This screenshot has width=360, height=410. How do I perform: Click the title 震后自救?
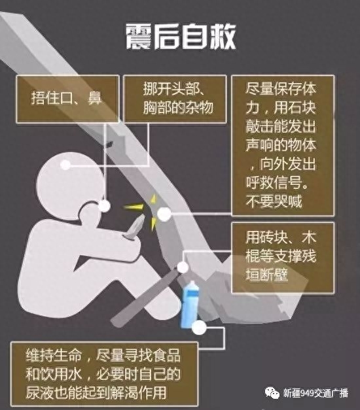(181, 37)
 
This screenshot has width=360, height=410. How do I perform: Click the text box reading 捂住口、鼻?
(67, 99)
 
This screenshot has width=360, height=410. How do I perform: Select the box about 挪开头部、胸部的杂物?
(175, 99)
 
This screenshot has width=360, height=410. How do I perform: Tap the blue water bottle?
(190, 304)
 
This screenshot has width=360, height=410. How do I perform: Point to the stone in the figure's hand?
(135, 226)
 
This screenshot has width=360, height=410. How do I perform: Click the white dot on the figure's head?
(65, 165)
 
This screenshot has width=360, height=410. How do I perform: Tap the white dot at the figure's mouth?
(104, 206)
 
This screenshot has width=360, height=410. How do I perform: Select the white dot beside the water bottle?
(199, 328)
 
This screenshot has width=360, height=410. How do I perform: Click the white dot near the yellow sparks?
(164, 214)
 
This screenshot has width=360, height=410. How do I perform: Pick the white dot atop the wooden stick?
(183, 267)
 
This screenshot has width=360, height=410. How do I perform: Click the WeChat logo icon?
(272, 393)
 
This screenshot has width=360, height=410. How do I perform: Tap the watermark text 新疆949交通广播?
(315, 393)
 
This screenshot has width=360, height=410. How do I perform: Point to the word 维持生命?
(54, 356)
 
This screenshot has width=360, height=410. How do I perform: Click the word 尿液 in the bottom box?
(39, 392)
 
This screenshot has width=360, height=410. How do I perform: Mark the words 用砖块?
(266, 237)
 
